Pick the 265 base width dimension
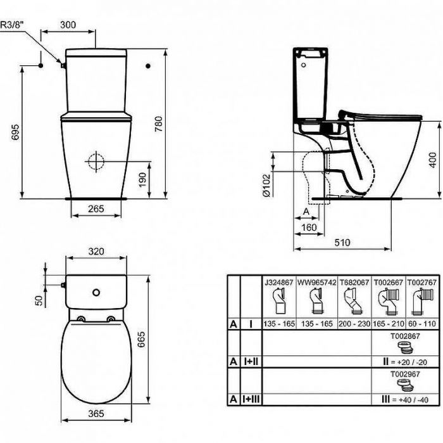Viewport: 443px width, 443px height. pyautogui.click(x=96, y=209)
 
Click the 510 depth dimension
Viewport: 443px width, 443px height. pyautogui.click(x=342, y=243)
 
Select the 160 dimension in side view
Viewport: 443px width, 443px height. pyautogui.click(x=309, y=227)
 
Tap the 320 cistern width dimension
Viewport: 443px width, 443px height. pyautogui.click(x=96, y=252)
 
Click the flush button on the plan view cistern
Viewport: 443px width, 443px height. pyautogui.click(x=96, y=293)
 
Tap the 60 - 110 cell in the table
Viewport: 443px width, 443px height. pyautogui.click(x=421, y=323)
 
